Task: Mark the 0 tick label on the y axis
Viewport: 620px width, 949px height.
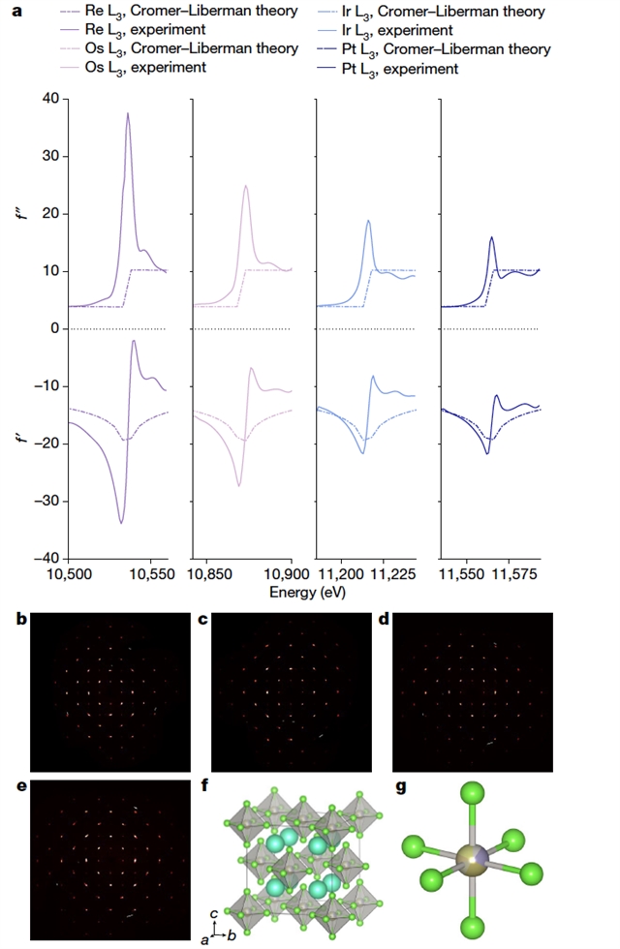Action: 54,329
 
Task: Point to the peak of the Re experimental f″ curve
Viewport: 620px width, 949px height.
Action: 127,113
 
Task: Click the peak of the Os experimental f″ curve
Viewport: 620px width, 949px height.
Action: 246,186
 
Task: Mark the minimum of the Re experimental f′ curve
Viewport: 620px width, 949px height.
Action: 121,523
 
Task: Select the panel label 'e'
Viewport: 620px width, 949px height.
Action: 21,785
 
